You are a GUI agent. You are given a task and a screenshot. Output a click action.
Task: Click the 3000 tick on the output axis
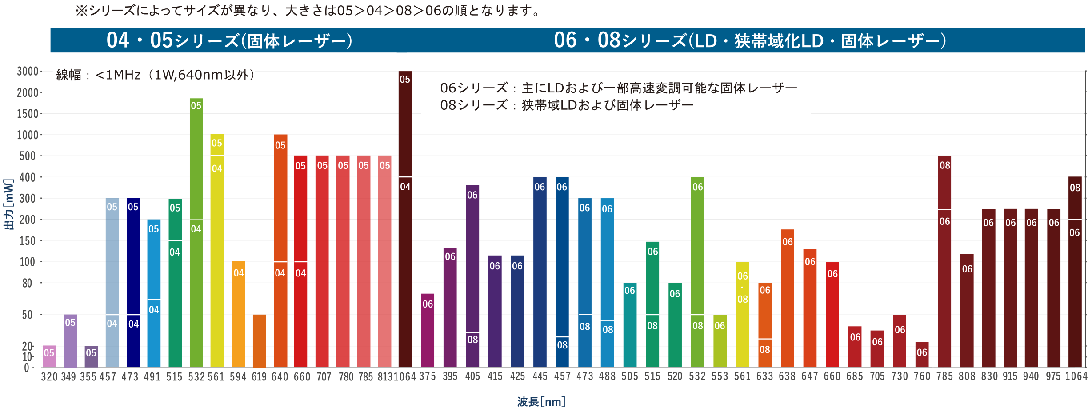coord(28,72)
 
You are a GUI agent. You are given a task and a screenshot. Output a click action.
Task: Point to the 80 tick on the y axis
coord(27,283)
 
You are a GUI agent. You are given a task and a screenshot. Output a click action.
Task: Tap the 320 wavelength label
coord(49,377)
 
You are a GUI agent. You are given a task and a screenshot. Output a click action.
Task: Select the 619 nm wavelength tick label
coord(259,377)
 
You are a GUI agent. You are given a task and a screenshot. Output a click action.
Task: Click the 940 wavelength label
coord(1031,376)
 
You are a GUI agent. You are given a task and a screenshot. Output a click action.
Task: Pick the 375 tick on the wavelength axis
coord(428,376)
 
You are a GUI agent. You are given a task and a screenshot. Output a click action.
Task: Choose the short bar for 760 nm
coord(922,355)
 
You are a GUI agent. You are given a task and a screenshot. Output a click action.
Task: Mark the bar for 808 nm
coord(967,311)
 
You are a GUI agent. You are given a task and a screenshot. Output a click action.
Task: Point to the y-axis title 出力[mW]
coord(9,204)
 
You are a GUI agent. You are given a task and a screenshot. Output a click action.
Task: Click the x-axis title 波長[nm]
coord(541,402)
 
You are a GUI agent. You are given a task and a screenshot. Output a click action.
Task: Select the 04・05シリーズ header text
coord(229,40)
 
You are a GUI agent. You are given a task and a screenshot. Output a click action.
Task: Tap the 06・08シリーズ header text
coord(749,40)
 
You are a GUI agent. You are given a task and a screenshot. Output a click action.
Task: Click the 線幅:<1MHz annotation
coord(156,75)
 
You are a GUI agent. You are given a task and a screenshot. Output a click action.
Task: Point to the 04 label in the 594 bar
coord(239,273)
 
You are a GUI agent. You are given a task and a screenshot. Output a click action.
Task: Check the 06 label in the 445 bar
coord(540,187)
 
